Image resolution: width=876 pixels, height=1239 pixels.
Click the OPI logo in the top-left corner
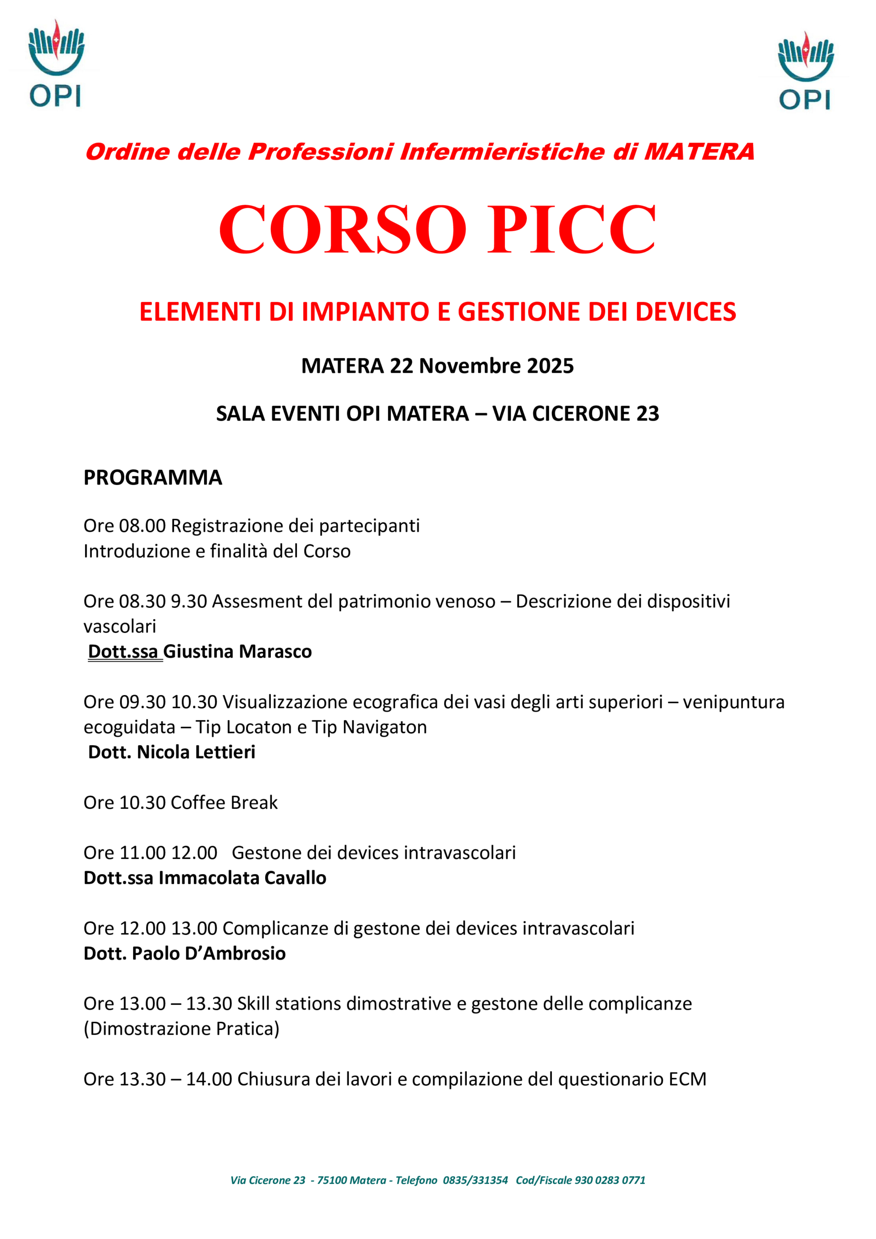coord(56,64)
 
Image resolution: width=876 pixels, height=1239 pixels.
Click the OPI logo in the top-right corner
coord(805,71)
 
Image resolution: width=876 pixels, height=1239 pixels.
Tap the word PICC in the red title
coord(571,229)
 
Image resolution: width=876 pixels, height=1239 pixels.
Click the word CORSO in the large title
coord(342,229)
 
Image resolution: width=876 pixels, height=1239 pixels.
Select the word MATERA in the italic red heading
coord(699,151)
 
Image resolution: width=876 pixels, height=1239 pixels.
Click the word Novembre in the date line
coord(469,366)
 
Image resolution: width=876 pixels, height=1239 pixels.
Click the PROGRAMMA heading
coord(153,478)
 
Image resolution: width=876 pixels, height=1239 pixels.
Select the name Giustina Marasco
coord(238,651)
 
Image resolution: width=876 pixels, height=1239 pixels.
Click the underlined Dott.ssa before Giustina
coord(123,651)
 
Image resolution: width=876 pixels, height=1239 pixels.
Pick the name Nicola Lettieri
coord(196,752)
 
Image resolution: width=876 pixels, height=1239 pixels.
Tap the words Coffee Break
coord(224,802)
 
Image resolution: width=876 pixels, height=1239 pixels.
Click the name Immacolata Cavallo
coord(242,878)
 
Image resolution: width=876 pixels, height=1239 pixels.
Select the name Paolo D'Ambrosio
coord(209,953)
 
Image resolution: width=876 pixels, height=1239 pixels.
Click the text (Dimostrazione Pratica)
coord(181,1028)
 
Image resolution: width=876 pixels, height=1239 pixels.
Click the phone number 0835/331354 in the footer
coord(475,1180)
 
